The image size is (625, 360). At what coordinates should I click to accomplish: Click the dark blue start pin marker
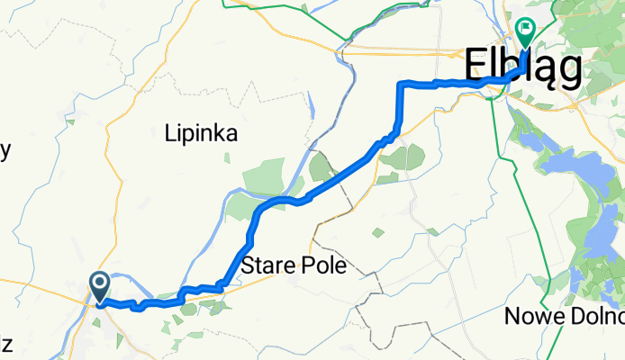(99, 287)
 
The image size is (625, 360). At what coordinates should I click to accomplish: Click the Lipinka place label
(202, 134)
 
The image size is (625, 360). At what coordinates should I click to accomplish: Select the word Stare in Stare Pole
(267, 265)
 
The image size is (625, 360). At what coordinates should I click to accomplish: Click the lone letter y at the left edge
(5, 151)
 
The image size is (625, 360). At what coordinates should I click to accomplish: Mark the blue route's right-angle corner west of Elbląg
(401, 84)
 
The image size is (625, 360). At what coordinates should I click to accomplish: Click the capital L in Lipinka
(171, 134)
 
